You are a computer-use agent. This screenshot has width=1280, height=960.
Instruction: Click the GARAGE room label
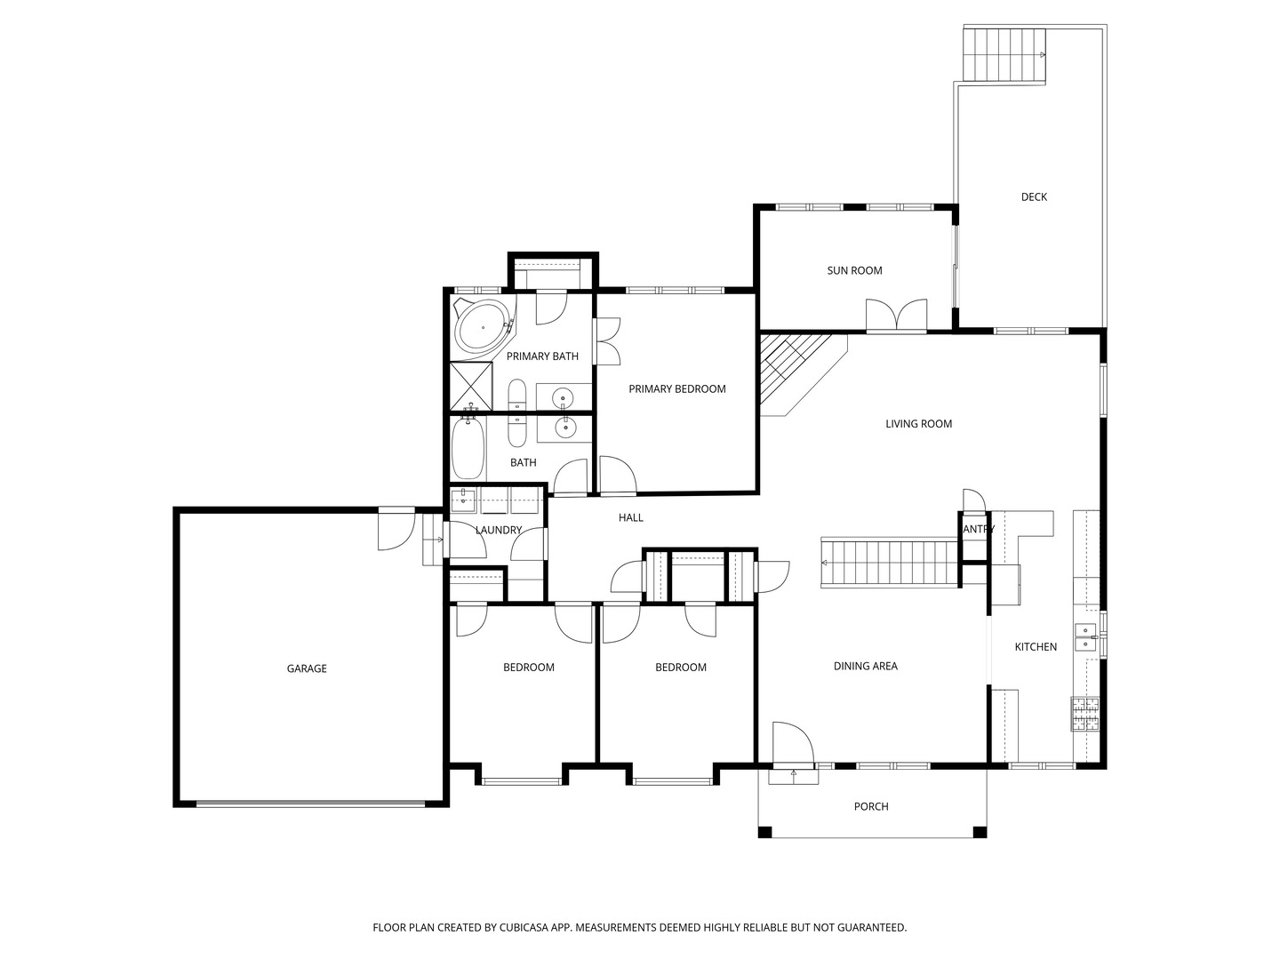307,668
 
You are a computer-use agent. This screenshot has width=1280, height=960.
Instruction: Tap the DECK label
1034,197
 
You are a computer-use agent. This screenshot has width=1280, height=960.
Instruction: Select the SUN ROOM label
854,271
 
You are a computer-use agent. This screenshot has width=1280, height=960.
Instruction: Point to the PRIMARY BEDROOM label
676,389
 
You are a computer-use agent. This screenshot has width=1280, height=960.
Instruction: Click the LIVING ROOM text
918,424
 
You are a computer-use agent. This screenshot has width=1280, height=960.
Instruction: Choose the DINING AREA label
865,667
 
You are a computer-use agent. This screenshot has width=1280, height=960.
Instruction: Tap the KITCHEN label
1036,647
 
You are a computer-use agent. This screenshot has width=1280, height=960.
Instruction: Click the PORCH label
871,807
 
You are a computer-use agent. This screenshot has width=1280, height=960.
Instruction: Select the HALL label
630,518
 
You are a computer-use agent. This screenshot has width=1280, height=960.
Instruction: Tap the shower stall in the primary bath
471,385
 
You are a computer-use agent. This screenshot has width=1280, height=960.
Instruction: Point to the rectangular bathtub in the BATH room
468,449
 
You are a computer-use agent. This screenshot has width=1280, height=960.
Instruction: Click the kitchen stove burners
1084,714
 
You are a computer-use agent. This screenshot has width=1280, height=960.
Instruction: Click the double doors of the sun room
896,316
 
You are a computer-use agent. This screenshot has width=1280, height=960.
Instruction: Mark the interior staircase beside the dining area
889,562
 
